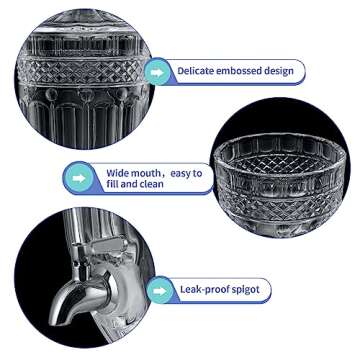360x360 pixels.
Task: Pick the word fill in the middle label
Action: tap(113, 184)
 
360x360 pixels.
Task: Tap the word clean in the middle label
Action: tap(152, 184)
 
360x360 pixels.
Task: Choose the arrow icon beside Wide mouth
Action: tap(79, 178)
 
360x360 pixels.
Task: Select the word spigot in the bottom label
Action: tap(245, 290)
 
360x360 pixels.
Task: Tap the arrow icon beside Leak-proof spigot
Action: tap(160, 291)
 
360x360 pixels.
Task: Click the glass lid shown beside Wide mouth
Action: tap(280, 184)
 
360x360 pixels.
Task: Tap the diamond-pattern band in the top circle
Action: tap(79, 72)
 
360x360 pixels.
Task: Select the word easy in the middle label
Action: tap(182, 174)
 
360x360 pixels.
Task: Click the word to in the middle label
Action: tap(199, 174)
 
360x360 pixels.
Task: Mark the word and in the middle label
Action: tap(129, 184)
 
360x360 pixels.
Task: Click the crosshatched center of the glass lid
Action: tap(280, 164)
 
